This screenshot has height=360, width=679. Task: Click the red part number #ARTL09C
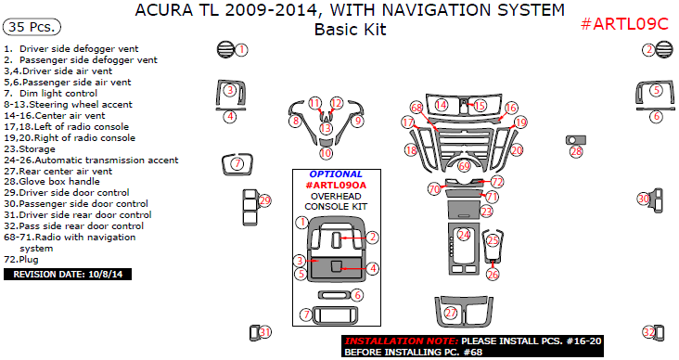tap(624, 24)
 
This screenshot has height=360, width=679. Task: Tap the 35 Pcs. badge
tap(32, 27)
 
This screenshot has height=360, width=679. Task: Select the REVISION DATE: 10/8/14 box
tap(68, 275)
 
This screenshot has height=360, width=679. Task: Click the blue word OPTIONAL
tap(336, 174)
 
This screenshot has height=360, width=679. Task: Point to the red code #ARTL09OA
tap(336, 185)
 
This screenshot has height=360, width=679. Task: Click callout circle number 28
tap(576, 151)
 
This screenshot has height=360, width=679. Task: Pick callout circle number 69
tap(464, 165)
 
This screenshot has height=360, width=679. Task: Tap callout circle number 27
tap(451, 313)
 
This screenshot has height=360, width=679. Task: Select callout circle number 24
tap(464, 235)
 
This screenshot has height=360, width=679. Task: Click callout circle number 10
tap(327, 152)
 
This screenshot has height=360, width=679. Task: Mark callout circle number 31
tap(265, 332)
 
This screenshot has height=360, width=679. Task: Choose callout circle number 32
tap(648, 332)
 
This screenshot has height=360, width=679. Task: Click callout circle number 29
tap(264, 200)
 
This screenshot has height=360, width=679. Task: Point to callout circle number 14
tap(442, 105)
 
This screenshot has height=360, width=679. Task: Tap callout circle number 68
tap(416, 108)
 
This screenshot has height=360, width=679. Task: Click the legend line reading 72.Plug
tap(21, 260)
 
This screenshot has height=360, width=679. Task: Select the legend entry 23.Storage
tap(30, 149)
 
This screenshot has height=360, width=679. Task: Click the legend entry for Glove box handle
tap(52, 182)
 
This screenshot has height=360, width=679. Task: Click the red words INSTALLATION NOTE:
tap(401, 341)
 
